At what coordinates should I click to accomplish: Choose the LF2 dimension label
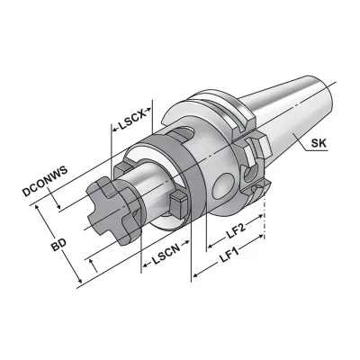point(235,229)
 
